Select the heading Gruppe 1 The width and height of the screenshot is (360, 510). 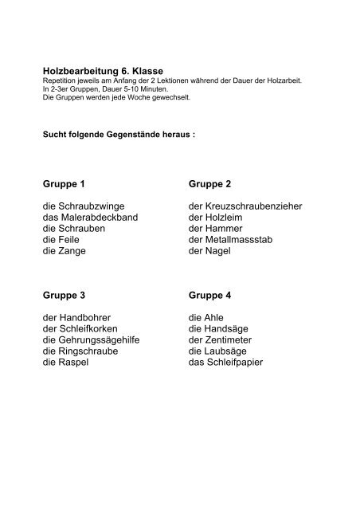click(65, 184)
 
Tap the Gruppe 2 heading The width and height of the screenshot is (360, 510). click(209, 184)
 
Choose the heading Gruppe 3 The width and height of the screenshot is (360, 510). click(65, 295)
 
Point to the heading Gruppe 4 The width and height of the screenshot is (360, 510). click(209, 295)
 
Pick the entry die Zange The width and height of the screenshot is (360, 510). click(65, 250)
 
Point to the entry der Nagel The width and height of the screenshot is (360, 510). click(210, 250)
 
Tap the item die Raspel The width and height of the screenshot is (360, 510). click(67, 362)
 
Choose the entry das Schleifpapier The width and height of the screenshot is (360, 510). click(226, 362)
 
